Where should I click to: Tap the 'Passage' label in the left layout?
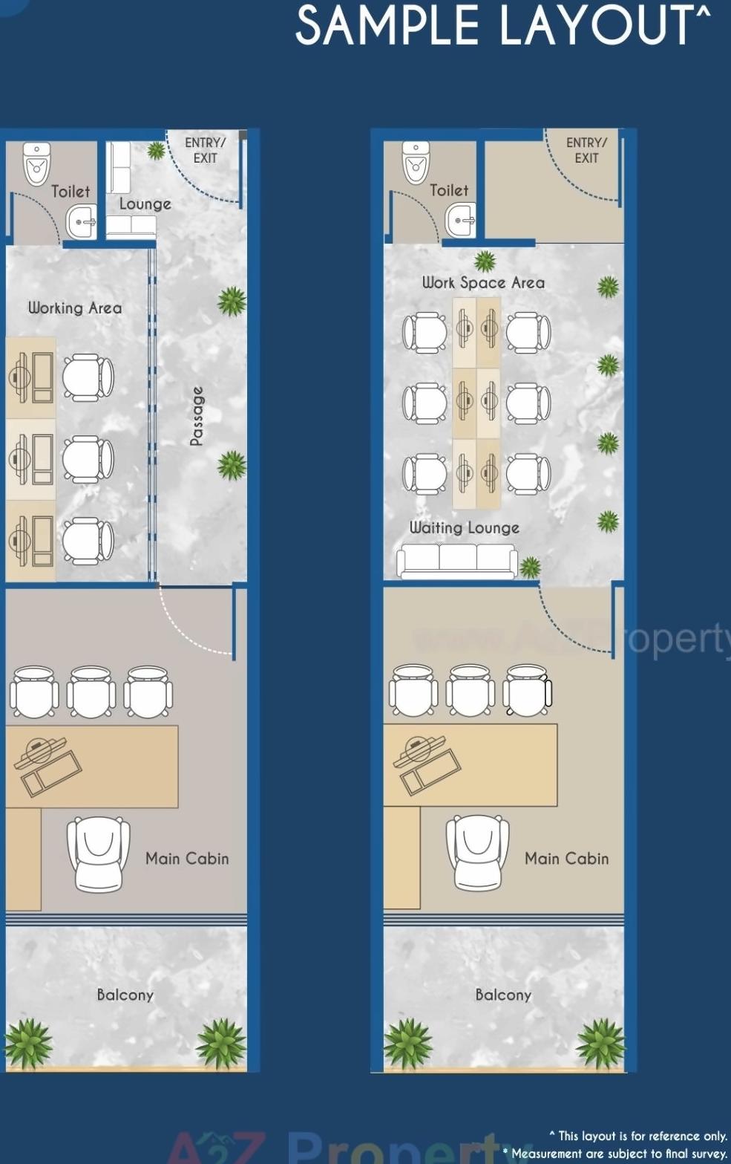tap(197, 416)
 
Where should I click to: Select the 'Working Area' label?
tap(75, 308)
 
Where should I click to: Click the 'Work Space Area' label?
tap(483, 282)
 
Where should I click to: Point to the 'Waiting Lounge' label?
tap(465, 527)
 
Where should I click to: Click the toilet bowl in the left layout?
tap(36, 164)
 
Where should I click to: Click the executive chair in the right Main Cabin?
tap(477, 854)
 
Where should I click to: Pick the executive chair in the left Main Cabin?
tap(98, 854)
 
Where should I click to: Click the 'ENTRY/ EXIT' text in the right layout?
tap(586, 150)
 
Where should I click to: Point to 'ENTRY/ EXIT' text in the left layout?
tap(205, 150)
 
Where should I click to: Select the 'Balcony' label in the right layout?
tap(503, 995)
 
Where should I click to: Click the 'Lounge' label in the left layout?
tap(145, 204)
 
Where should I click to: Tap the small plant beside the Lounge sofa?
tap(156, 151)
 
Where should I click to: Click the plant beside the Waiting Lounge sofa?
tap(530, 568)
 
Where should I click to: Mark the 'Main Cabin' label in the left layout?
tap(187, 859)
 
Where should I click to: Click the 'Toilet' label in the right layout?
tap(449, 190)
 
